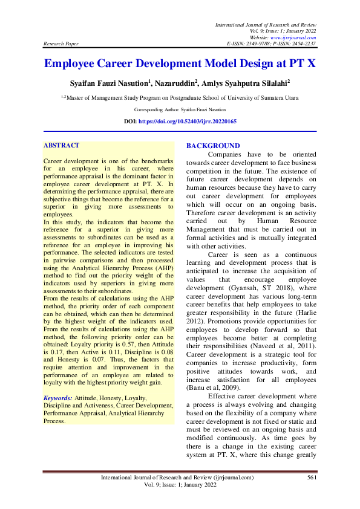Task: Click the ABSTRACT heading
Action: pos(62,146)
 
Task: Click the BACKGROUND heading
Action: pos(213,146)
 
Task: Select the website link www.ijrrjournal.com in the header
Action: pos(296,37)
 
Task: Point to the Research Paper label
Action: pos(61,44)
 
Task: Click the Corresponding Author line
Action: pos(180,109)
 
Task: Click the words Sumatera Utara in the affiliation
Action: pos(278,97)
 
